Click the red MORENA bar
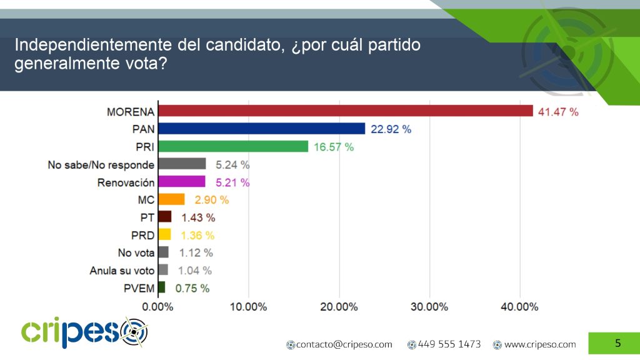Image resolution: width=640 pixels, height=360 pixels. (x=346, y=111)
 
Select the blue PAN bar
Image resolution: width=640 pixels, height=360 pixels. (x=261, y=128)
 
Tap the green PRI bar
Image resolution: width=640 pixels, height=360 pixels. (x=233, y=146)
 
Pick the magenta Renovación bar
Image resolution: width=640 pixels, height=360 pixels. (x=182, y=182)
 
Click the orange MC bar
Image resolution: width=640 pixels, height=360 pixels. (x=171, y=199)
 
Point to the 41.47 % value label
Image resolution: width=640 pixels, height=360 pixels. (x=559, y=112)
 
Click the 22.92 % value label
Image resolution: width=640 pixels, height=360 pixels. (x=390, y=129)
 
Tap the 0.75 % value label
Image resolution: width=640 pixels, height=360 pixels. (x=192, y=289)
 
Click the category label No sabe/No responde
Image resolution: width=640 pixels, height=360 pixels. (x=101, y=165)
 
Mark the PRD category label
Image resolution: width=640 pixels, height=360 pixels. (x=142, y=235)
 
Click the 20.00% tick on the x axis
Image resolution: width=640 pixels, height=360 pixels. (x=339, y=307)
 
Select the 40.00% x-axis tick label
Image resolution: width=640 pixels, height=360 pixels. (x=519, y=307)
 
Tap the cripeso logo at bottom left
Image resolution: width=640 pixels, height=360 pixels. (x=85, y=331)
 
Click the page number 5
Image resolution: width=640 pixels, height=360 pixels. (x=617, y=343)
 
